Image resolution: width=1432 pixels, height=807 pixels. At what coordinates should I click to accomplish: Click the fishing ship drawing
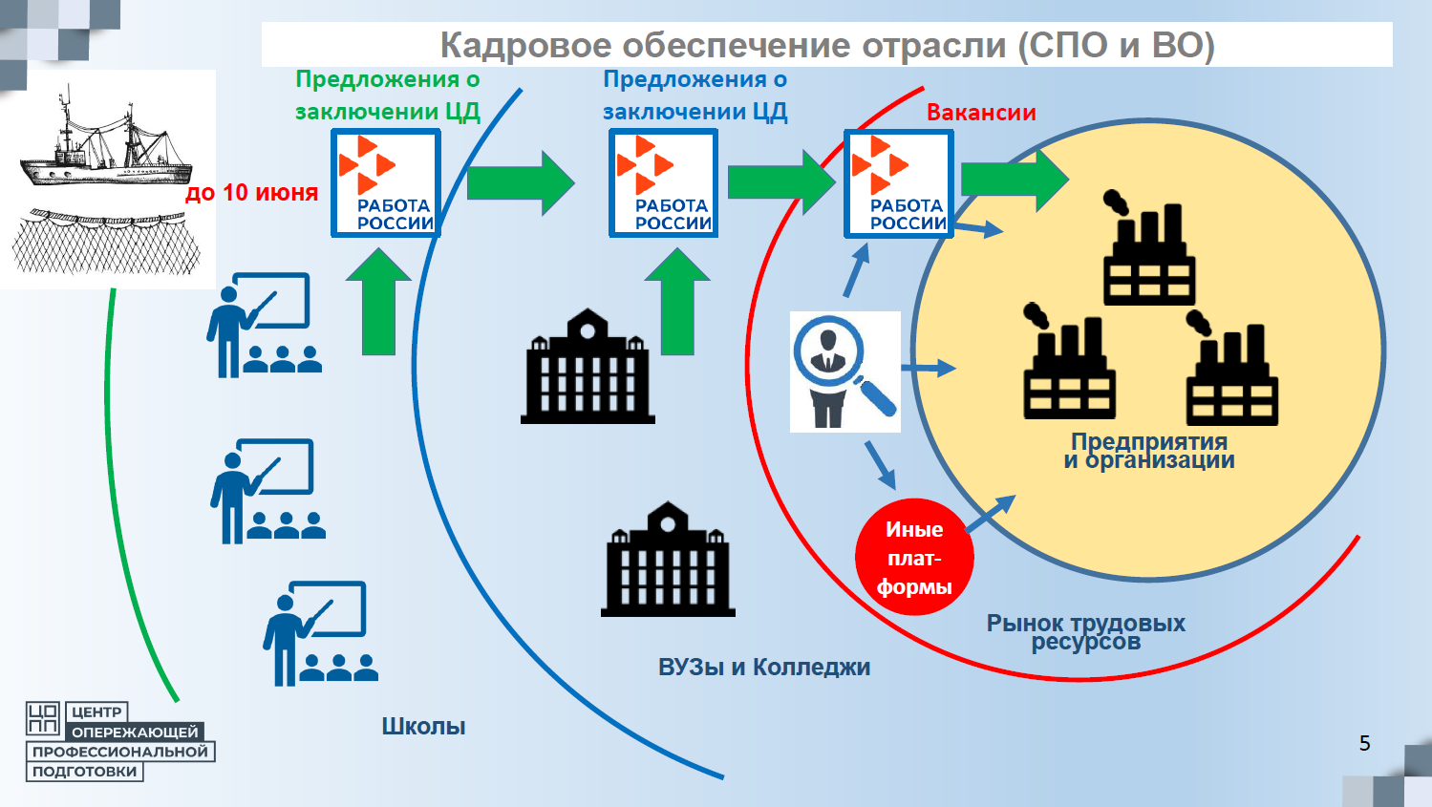pos(101,143)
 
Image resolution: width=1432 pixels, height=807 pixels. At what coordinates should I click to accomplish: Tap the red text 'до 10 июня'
pos(251,193)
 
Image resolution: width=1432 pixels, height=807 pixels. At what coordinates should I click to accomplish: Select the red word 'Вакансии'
pos(981,113)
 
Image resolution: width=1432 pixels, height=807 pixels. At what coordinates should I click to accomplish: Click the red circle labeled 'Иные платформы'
pos(914,558)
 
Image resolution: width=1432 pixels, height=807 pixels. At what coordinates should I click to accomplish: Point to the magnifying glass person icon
pos(844,372)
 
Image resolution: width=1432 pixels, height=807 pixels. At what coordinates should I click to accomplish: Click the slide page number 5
pos(1364,743)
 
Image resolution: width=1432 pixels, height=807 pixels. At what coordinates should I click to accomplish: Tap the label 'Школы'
pos(423,727)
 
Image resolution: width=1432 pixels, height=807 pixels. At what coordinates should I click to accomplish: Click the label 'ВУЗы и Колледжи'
pos(764,668)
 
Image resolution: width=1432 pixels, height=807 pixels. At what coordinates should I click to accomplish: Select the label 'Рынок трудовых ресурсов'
pos(1086,632)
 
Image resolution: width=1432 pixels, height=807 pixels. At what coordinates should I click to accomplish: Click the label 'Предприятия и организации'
pos(1149,451)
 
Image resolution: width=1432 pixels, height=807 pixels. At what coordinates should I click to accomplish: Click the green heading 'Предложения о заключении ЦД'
pos(387,96)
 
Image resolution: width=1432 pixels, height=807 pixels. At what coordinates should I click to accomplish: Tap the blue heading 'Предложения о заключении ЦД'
pos(695,96)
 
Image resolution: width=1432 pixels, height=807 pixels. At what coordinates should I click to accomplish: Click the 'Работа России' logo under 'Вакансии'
pos(898,184)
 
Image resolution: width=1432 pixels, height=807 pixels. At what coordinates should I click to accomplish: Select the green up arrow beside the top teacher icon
pos(378,302)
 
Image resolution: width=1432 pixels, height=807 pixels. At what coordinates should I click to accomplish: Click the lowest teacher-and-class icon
pos(320,633)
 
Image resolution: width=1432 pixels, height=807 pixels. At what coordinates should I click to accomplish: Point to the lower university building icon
pos(668,561)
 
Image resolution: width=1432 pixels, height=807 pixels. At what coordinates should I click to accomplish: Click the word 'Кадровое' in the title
pos(524,45)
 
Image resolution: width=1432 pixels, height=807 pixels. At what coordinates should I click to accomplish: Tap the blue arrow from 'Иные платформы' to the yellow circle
pos(990,514)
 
